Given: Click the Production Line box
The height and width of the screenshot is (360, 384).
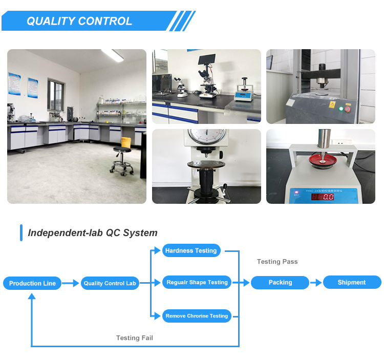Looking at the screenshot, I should tap(32, 283).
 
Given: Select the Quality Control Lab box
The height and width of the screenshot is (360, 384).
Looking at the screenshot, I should tap(110, 283).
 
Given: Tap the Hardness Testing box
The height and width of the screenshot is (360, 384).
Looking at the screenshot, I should tap(191, 250).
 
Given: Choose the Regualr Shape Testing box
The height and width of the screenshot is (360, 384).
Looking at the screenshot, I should tap(197, 282).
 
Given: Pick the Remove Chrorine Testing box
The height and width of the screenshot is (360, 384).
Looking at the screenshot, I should tap(197, 316).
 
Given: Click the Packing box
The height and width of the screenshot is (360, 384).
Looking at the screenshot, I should tap(280, 282).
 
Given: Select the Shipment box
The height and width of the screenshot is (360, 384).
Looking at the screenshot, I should tap(351, 282).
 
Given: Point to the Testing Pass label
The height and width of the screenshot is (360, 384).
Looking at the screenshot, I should tap(277, 262).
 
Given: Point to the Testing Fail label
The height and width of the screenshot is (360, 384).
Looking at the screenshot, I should tap(134, 338).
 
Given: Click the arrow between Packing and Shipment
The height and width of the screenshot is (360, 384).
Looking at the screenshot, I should tap(316, 282).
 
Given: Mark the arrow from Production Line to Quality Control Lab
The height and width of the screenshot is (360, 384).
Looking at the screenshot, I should tap(71, 283).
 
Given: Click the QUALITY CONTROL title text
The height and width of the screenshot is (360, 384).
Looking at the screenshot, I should tap(79, 21).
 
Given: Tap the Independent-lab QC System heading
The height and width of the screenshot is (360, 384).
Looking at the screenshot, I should tap(93, 233).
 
